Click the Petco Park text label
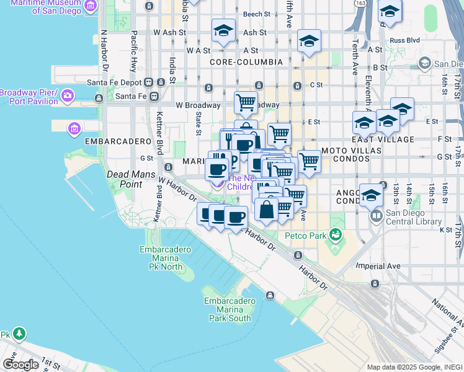[305, 236]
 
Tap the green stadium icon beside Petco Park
[336, 234]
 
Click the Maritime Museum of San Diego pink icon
[91, 6]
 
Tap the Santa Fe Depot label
[114, 82]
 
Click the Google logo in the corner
[20, 365]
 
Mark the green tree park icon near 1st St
[19, 334]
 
